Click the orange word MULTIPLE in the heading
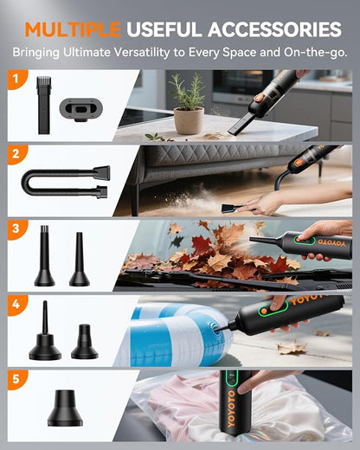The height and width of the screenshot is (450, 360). pos(73,29)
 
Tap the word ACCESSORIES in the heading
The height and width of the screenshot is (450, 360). pos(274,29)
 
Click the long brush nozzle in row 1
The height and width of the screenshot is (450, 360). pos(43,105)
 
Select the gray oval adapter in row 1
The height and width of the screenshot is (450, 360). pos(81,109)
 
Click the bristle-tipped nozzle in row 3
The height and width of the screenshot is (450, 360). pos(45,255)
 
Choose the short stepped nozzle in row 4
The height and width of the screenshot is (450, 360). pos(85,342)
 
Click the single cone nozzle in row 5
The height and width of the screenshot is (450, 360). pos(65,408)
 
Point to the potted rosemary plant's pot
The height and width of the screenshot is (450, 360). pos(189,120)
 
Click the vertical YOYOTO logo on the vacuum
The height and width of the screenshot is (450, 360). pos(232,408)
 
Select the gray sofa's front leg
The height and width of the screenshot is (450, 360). pos(135,201)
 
